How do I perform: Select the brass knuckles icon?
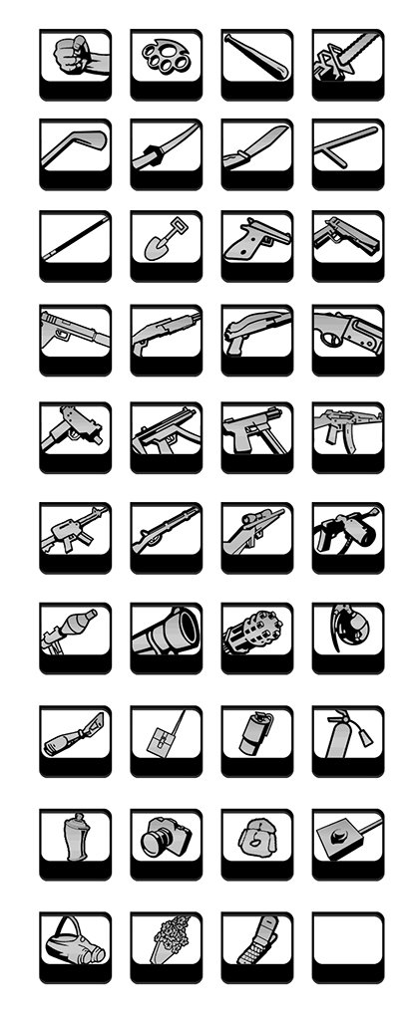tap(166, 55)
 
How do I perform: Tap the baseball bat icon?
tap(256, 55)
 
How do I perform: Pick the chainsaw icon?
tap(347, 55)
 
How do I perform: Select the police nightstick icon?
tap(347, 147)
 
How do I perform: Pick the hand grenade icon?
tap(347, 626)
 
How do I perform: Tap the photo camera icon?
tap(164, 837)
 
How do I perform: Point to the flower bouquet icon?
tap(166, 941)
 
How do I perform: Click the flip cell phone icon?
tap(256, 941)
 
